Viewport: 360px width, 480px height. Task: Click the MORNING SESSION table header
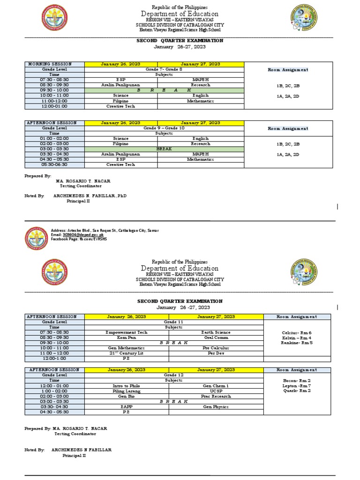(54, 64)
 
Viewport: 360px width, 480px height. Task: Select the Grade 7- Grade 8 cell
(164, 69)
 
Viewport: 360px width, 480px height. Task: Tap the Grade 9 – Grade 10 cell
(164, 128)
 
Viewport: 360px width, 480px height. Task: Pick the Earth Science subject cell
(216, 332)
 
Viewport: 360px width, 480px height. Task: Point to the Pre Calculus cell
(216, 348)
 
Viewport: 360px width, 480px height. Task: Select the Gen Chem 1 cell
(216, 386)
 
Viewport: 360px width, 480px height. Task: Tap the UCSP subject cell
(216, 391)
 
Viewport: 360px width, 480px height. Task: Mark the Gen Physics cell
(216, 407)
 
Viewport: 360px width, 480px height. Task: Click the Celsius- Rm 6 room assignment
(297, 332)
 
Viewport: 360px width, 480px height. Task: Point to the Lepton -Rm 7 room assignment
(297, 385)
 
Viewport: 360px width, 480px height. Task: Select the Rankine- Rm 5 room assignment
(297, 343)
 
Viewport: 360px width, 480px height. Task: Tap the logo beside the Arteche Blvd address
(36, 239)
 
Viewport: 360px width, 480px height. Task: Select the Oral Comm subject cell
(216, 337)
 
